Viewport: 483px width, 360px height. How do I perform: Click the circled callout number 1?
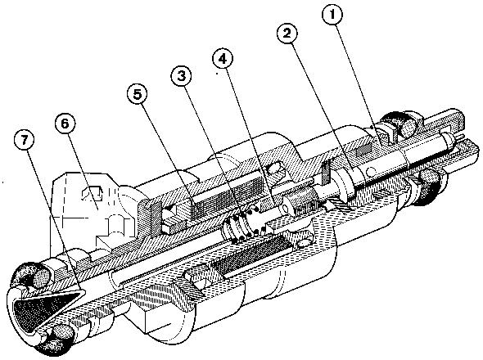[x=332, y=14]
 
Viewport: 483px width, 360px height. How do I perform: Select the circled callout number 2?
[x=287, y=33]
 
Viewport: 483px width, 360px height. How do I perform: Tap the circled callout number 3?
[x=182, y=76]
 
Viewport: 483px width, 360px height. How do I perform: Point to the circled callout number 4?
[x=223, y=59]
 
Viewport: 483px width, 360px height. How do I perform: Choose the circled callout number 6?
[x=65, y=124]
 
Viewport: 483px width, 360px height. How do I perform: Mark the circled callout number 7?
[x=25, y=140]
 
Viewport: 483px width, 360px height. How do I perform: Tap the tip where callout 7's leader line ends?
[x=83, y=290]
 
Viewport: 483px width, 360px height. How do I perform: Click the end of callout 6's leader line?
[x=98, y=209]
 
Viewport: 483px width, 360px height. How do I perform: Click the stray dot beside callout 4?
[x=217, y=74]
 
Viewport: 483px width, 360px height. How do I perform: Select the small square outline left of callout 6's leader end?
[x=93, y=193]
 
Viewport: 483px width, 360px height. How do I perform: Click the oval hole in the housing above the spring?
[x=274, y=169]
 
